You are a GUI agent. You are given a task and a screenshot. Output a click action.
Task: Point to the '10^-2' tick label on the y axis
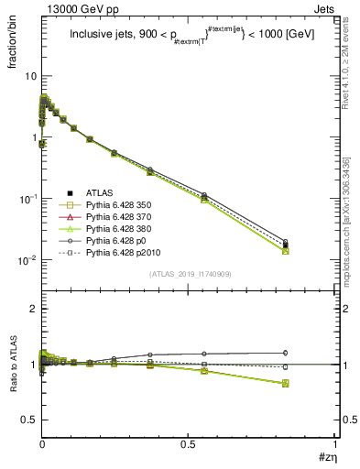tap(27, 260)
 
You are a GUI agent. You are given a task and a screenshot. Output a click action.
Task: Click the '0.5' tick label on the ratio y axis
tap(28, 420)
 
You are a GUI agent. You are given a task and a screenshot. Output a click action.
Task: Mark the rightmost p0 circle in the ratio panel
tap(311, 353)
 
